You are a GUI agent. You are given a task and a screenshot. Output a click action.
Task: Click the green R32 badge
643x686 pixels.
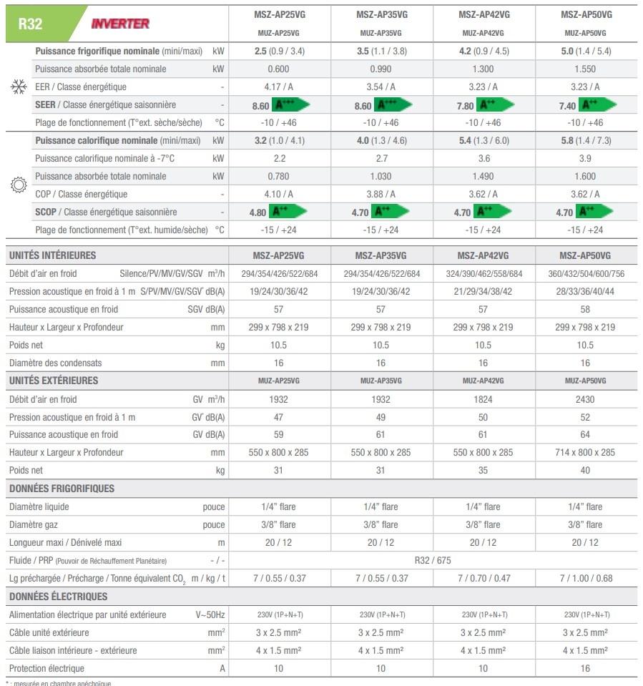click(32, 24)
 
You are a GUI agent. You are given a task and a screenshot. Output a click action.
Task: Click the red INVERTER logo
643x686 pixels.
click(120, 24)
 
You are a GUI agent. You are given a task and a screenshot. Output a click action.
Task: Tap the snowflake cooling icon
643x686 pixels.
click(19, 87)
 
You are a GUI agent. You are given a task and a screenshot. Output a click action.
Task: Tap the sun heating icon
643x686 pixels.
click(19, 185)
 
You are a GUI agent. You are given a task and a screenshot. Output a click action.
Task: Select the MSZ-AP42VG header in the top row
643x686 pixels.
click(484, 14)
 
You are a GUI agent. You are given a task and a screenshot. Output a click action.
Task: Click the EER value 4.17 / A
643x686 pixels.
click(278, 87)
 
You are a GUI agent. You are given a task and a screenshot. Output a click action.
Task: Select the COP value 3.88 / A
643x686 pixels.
click(381, 194)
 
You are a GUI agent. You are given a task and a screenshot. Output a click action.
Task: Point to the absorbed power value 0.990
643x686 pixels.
click(381, 69)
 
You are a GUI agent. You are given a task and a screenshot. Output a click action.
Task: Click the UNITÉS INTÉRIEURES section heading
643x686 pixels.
click(52, 255)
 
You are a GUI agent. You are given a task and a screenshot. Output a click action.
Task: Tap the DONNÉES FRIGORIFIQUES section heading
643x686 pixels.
click(62, 489)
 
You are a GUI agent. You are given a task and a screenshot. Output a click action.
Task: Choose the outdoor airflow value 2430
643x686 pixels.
click(585, 399)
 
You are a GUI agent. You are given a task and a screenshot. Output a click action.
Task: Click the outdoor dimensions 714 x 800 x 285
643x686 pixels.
click(585, 452)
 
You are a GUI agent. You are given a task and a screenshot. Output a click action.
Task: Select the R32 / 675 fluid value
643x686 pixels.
click(432, 561)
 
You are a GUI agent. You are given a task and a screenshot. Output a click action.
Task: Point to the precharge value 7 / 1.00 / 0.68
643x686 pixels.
click(585, 578)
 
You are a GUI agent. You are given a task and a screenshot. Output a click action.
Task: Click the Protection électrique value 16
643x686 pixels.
click(585, 668)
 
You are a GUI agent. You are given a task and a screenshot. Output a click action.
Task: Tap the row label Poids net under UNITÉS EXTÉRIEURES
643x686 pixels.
click(26, 470)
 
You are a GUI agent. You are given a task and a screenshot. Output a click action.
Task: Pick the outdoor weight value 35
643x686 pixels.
click(483, 470)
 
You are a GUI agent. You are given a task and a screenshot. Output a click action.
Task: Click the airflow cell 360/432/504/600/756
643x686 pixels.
click(585, 274)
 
